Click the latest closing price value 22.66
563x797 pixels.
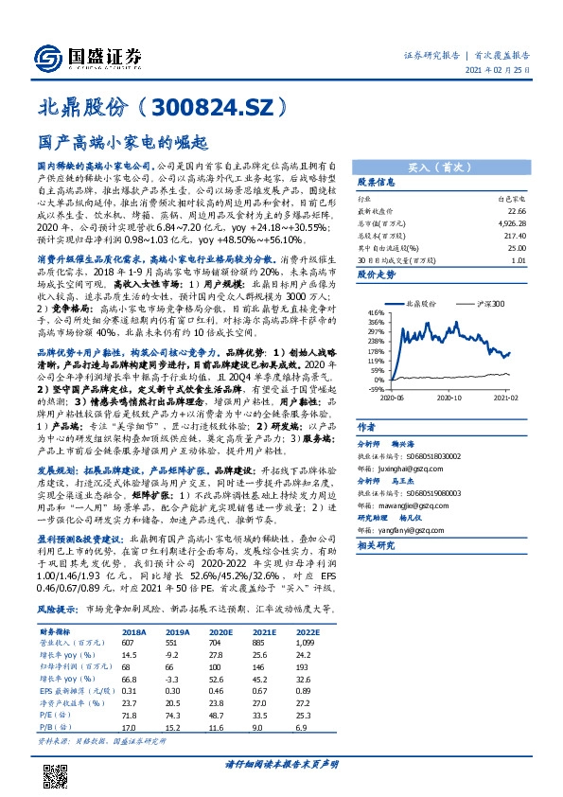point(515,212)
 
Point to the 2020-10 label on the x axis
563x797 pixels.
point(449,399)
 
